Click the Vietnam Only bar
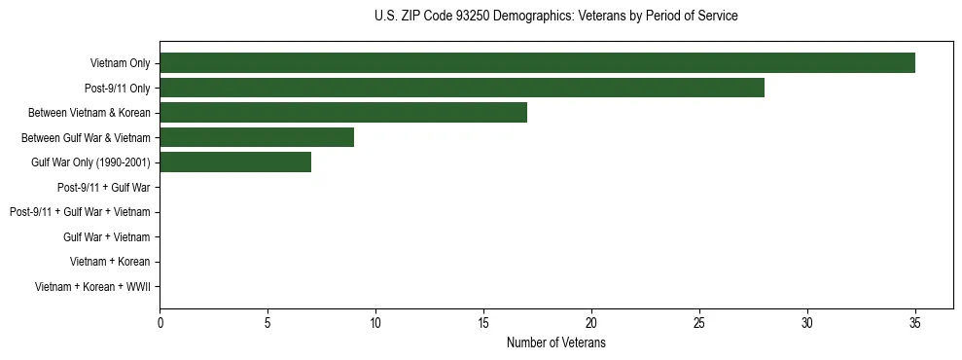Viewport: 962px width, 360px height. (537, 63)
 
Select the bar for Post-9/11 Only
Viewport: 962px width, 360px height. (462, 88)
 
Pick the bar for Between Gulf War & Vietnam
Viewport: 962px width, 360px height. (257, 137)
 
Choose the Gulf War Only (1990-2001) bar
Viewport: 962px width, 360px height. (235, 162)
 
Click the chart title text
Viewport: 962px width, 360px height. (555, 17)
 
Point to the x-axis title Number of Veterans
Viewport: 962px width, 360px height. (555, 342)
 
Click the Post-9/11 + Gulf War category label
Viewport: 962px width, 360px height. (103, 187)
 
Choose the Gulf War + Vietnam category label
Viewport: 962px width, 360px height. (106, 236)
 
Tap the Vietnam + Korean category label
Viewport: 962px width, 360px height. (110, 262)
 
